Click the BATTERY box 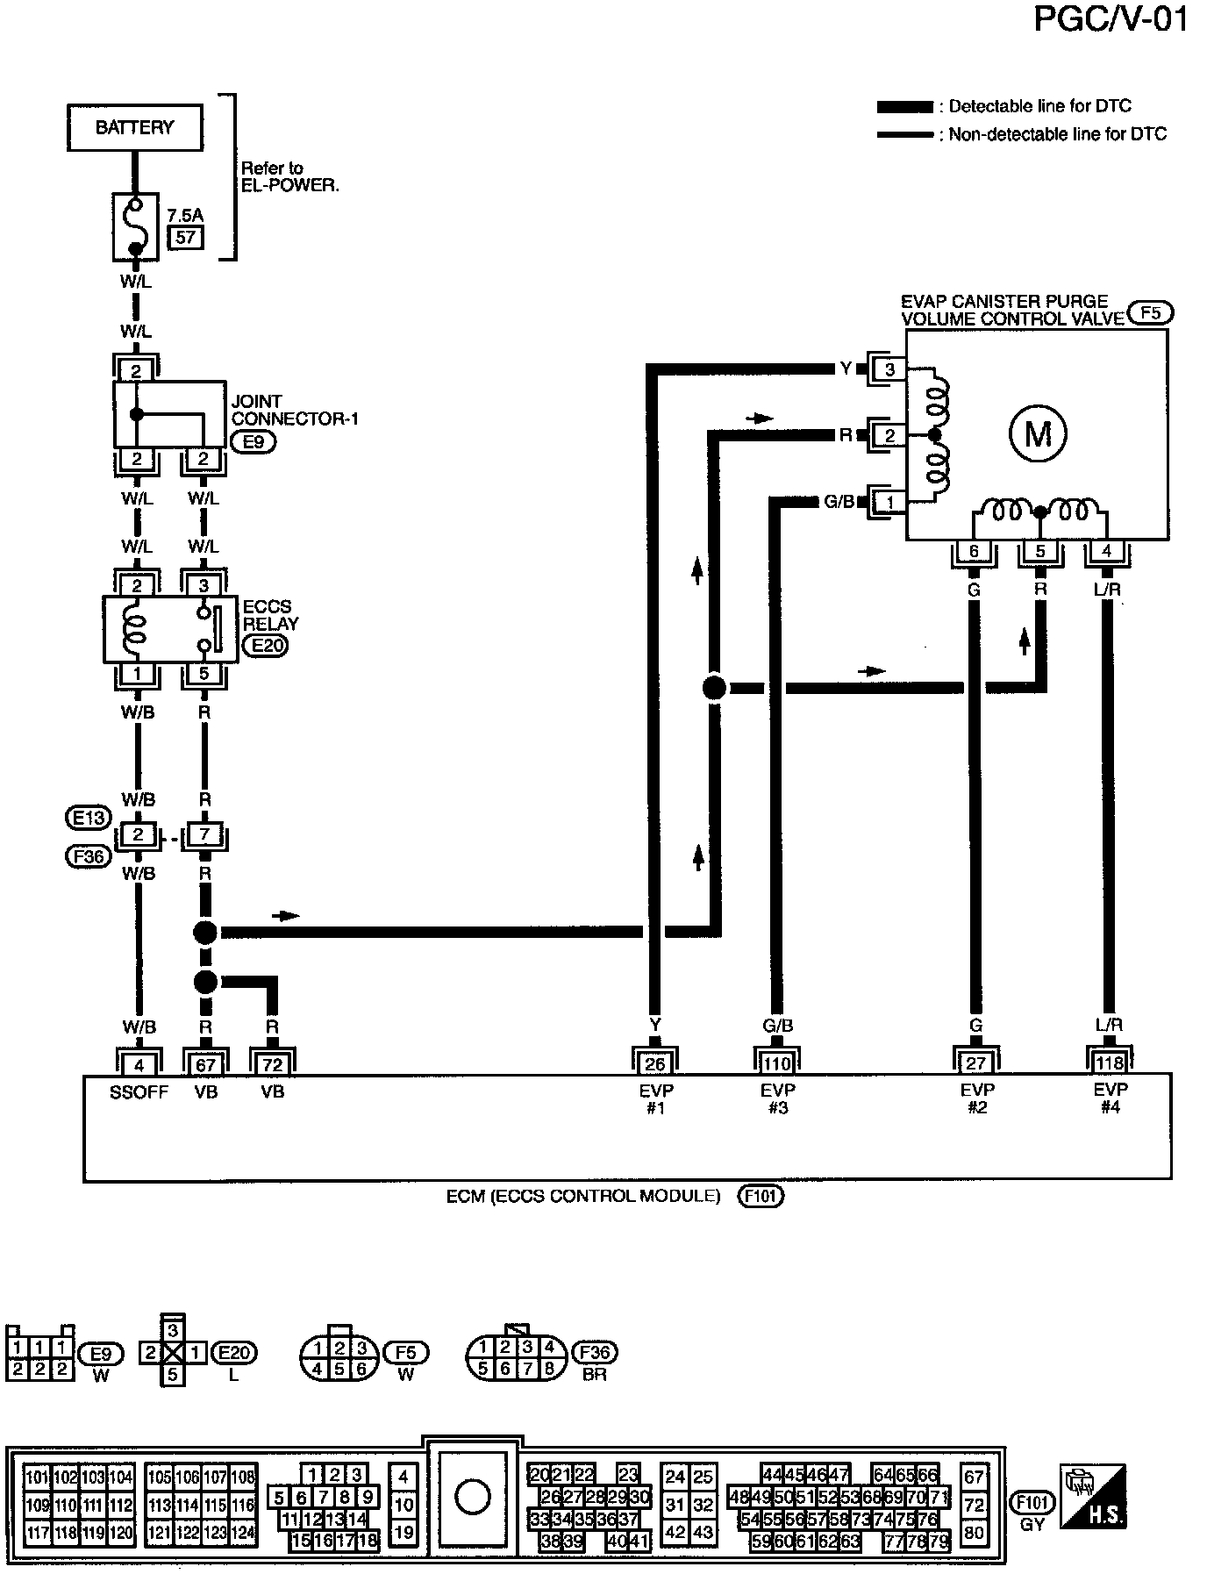134,128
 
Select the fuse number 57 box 185,237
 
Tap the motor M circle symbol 1038,433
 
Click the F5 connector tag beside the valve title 1150,313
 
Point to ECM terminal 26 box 655,1063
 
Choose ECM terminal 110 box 777,1063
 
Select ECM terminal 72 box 273,1063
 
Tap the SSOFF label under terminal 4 139,1092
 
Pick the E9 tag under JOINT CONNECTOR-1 254,442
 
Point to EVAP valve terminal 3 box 889,369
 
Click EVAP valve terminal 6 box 974,552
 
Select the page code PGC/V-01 1111,19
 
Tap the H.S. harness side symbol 1093,1498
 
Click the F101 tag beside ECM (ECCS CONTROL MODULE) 761,1195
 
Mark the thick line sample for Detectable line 904,107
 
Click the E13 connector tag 89,818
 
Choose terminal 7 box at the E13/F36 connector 204,834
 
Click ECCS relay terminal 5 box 204,675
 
